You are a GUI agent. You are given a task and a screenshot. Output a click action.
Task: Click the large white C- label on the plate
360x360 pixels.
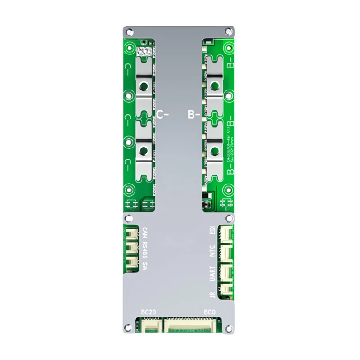pos(162,115)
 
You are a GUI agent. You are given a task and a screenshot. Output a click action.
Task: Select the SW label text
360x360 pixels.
pos(144,269)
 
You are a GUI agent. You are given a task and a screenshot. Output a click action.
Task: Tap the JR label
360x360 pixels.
pos(213,295)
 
